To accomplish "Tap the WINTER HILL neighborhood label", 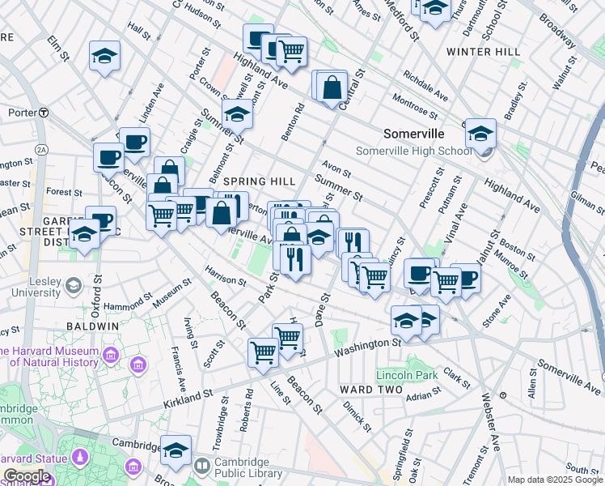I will coord(484,52).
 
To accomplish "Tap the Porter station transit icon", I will coord(43,113).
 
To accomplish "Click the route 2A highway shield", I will coord(41,150).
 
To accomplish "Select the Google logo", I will coord(26,476).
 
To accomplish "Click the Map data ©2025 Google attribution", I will coord(554,480).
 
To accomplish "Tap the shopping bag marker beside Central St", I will coord(332,87).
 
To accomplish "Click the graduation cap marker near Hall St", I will coord(104,56).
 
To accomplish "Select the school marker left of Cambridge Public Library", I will coord(176,450).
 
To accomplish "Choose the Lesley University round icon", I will coord(74,285).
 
